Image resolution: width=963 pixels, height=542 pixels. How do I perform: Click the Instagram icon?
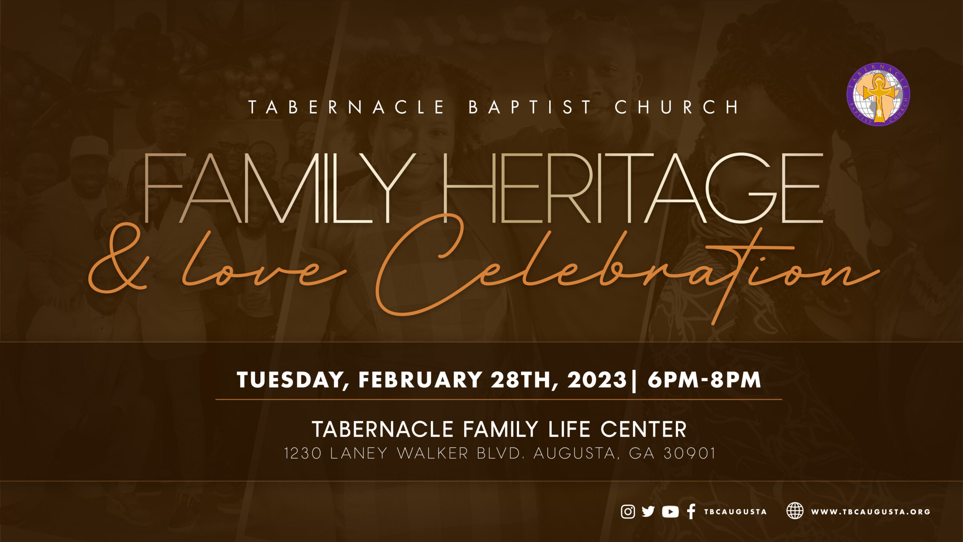pos(627,512)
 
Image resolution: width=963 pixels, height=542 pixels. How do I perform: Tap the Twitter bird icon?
pos(648,512)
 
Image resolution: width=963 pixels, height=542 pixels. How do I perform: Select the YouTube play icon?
pos(670,512)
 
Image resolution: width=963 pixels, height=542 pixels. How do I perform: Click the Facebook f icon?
pos(691,512)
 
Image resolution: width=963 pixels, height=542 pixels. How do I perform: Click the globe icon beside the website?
pos(795,511)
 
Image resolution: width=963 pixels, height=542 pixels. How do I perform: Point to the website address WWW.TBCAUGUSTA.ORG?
pos(870,512)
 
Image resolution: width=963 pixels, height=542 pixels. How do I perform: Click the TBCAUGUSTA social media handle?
pos(735,512)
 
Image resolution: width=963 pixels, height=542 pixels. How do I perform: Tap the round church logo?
pos(878,94)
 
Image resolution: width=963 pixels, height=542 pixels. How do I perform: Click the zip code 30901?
pos(690,453)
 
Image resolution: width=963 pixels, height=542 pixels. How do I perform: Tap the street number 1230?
pos(303,453)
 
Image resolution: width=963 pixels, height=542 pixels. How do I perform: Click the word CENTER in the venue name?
pos(644,429)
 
